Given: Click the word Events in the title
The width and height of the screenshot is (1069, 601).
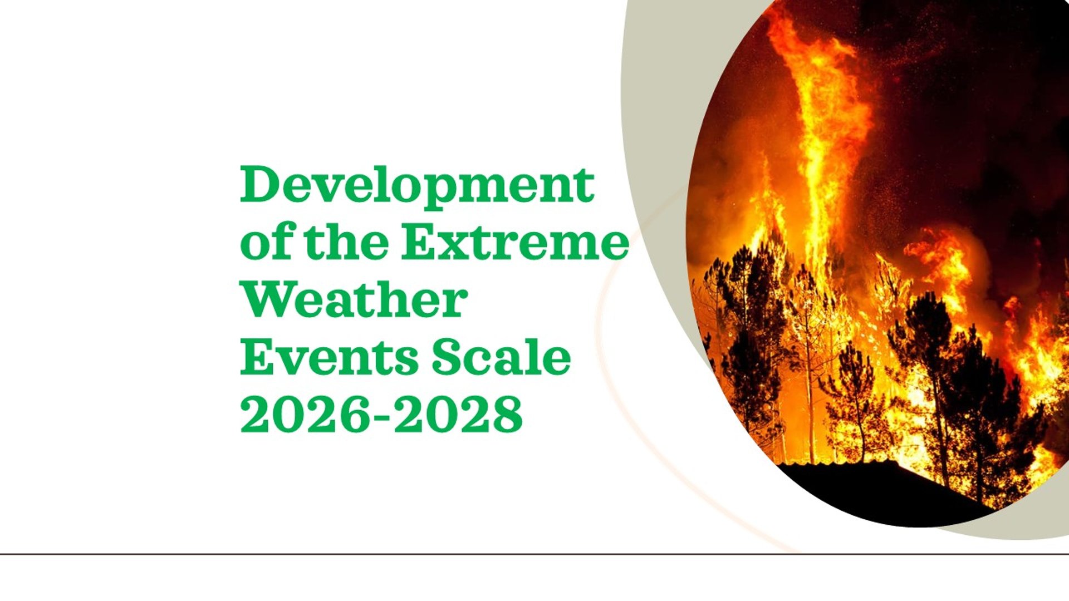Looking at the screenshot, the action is point(329,357).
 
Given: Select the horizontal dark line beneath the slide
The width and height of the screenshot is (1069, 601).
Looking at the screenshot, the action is point(534,554).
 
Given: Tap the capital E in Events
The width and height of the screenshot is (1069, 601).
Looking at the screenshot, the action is point(257,357).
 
